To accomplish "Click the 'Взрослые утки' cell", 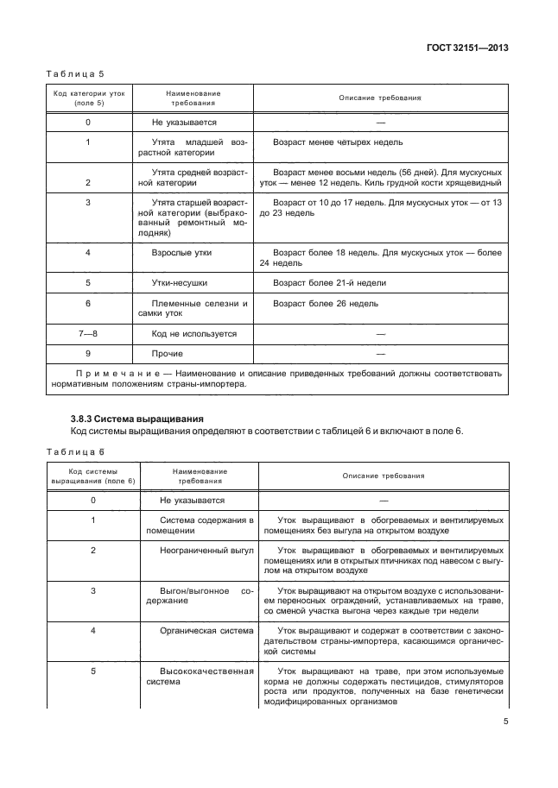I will [x=181, y=253].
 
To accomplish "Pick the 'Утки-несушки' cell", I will [x=180, y=282].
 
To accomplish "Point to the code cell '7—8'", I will [x=88, y=333].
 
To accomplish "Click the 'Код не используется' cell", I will [x=193, y=333].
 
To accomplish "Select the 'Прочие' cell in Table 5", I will [x=167, y=353].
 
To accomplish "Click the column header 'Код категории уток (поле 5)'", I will [x=88, y=98].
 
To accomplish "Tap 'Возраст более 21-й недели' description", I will [x=329, y=282].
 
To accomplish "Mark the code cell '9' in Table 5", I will [x=88, y=353].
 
